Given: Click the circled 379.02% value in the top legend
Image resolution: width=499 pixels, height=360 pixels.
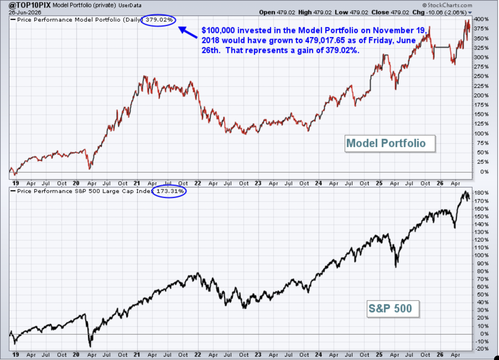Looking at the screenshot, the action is click(159, 20).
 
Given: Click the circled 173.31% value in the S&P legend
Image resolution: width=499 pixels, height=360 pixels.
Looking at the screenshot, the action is click(170, 191).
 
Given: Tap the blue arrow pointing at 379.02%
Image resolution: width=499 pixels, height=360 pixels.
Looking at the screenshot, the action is click(188, 32).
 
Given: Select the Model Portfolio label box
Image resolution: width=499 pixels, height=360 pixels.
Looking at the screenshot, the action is click(390, 144).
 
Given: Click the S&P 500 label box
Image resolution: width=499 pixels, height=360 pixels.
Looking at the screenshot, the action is click(393, 309).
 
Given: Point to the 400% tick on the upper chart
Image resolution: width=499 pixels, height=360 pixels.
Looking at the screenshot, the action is click(482, 19).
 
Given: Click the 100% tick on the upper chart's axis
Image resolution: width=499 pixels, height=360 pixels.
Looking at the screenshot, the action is click(482, 134).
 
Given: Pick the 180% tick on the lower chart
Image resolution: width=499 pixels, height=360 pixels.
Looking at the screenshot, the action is click(482, 193).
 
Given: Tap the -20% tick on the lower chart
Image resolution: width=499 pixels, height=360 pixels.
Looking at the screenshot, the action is click(482, 349).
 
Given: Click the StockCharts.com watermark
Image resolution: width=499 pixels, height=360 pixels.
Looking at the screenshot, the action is click(447, 5).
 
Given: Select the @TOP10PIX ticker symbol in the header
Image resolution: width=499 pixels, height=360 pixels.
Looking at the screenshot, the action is click(30, 5).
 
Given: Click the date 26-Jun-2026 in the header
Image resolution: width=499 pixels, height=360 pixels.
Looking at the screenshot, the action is click(25, 12).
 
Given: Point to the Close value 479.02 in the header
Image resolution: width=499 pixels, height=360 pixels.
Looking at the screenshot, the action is click(400, 12).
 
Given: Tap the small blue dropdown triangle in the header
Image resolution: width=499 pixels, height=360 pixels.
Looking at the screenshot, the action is click(470, 13).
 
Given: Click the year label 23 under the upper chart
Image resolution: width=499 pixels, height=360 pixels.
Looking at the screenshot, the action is click(258, 183).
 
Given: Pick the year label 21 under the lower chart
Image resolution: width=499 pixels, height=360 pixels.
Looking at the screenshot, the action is click(137, 354).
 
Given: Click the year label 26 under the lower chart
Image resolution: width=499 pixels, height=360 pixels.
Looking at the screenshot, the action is click(440, 354).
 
